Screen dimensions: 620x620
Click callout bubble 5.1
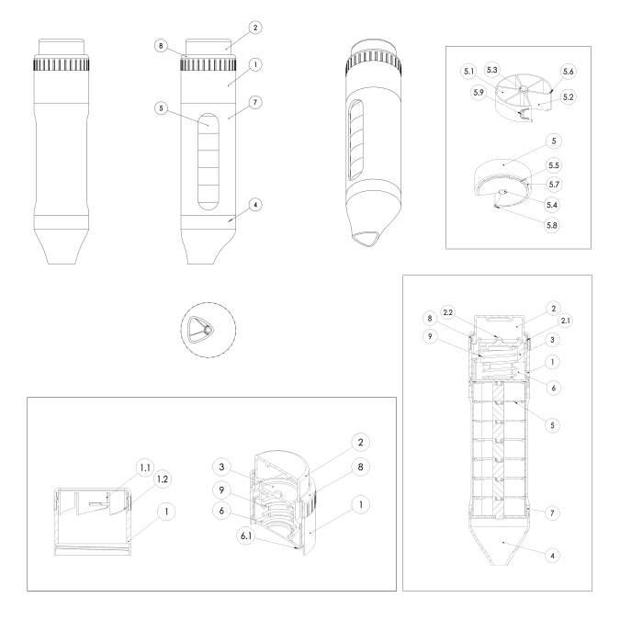[x=468, y=72]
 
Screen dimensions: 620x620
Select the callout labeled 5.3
[x=492, y=70]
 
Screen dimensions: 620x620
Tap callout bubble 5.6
[x=569, y=72]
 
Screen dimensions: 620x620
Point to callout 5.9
[x=479, y=93]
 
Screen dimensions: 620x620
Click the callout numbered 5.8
[x=552, y=225]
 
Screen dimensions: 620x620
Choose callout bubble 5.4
[x=552, y=205]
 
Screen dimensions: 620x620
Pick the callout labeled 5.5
[x=554, y=165]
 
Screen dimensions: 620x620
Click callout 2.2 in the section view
[x=447, y=313]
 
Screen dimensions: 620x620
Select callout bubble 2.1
[x=566, y=321]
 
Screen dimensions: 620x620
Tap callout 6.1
[x=246, y=536]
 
